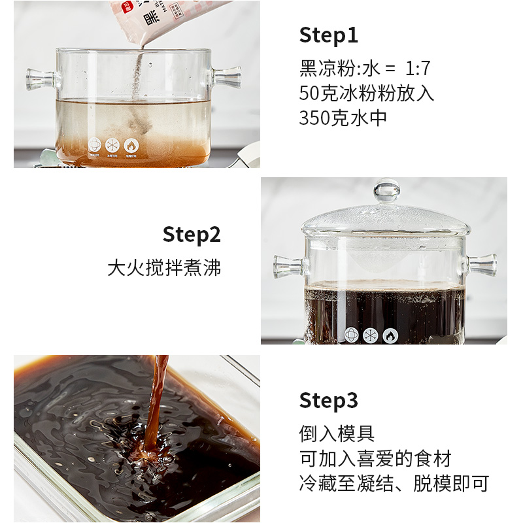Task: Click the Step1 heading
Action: coord(329,35)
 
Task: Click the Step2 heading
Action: coord(192,234)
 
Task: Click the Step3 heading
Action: coord(329,400)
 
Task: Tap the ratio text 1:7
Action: coord(418,69)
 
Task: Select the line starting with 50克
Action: coord(367,93)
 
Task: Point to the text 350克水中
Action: coord(343,118)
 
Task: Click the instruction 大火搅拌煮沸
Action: coord(164,268)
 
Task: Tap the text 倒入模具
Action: coord(337,434)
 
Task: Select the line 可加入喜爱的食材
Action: coord(375,459)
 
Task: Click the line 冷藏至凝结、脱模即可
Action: coord(394,484)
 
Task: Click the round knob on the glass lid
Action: coord(386,191)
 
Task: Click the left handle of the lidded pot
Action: coord(287,265)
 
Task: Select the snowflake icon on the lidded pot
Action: coord(371,335)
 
